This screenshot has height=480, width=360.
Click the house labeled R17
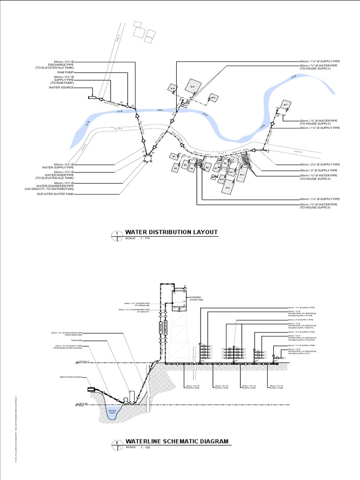(x=285, y=105)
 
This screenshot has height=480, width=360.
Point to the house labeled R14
(x=172, y=88)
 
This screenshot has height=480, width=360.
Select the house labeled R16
(x=213, y=97)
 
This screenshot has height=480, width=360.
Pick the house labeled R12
(x=227, y=187)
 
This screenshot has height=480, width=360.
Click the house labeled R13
(x=242, y=174)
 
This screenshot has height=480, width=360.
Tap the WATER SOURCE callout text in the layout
(x=61, y=88)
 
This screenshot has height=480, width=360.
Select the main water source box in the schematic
(x=91, y=389)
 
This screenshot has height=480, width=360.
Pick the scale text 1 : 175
(x=143, y=239)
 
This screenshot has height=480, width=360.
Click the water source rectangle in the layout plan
(x=92, y=97)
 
